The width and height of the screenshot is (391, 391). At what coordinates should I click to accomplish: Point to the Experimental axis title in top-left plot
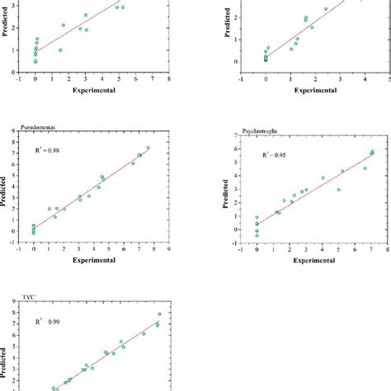(92, 89)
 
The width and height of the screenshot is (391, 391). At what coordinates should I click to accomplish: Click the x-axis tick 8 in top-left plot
(167, 80)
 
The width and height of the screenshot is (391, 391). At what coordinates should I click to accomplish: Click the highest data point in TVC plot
(159, 313)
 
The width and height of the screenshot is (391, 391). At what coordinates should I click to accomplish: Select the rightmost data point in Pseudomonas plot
(148, 148)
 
